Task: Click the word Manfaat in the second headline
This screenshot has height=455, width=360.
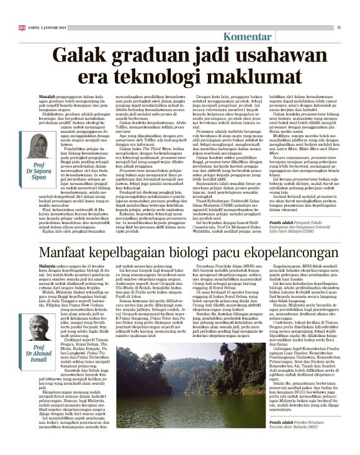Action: pyautogui.click(x=63, y=253)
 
